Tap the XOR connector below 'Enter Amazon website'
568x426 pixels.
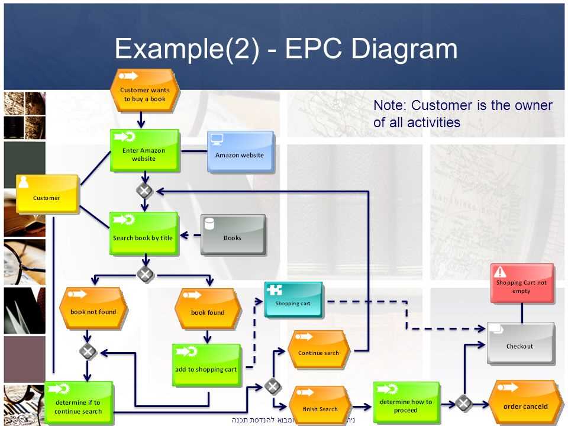(x=144, y=191)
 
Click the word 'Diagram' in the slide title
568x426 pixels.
(x=404, y=49)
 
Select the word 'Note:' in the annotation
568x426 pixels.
(x=390, y=106)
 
